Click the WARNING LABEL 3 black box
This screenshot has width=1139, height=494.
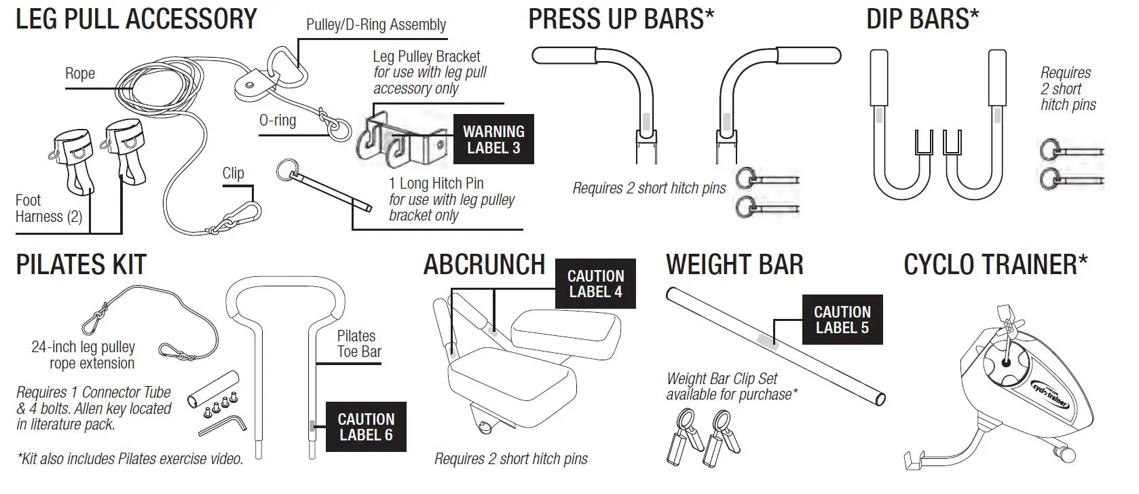click(x=493, y=139)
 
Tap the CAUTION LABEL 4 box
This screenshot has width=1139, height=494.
click(x=595, y=284)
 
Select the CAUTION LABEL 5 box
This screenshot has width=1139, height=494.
click(x=842, y=320)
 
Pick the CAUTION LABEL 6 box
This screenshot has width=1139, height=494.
click(x=366, y=427)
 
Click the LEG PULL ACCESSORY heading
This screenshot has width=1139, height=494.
click(x=136, y=19)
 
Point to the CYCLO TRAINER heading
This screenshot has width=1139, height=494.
click(x=995, y=265)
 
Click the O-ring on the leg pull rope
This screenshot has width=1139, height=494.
click(x=339, y=130)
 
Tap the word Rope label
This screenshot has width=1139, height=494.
click(x=80, y=73)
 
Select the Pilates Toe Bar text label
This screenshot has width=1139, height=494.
click(x=358, y=344)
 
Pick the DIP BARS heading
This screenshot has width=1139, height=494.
click(x=922, y=19)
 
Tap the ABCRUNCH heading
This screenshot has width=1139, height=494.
click(x=484, y=265)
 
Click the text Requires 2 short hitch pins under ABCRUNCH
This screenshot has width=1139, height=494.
click(x=511, y=459)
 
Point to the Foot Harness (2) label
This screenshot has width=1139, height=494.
click(x=48, y=208)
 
